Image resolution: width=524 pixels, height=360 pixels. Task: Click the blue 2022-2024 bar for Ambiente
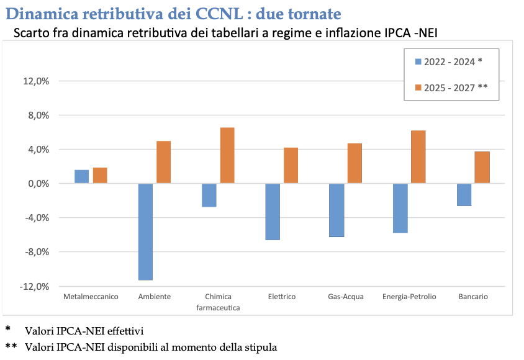[145, 232]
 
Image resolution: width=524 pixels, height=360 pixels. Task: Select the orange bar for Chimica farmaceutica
[227, 155]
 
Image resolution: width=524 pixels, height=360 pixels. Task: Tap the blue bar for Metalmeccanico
[81, 177]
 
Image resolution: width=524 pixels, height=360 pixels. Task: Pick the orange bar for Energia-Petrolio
[418, 157]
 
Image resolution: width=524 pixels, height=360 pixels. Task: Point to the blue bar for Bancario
[464, 195]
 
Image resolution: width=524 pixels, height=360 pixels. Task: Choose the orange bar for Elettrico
[291, 165]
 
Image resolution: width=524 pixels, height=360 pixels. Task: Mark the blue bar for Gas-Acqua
[337, 210]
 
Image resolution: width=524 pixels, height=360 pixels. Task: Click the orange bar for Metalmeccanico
[100, 175]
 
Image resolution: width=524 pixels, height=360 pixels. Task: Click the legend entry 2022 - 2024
[448, 62]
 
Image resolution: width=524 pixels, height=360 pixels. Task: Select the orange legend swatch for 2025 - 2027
[418, 88]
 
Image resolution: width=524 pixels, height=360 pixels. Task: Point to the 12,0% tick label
[36, 81]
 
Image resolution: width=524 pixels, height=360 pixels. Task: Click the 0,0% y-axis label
[38, 184]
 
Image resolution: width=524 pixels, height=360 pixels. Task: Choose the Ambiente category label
[155, 297]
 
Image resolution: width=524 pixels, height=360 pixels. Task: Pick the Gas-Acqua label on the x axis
[346, 297]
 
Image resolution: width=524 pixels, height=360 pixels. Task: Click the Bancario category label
[473, 297]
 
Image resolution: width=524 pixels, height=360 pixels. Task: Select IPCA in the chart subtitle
[397, 33]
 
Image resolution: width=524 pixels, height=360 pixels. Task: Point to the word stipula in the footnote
[261, 348]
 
